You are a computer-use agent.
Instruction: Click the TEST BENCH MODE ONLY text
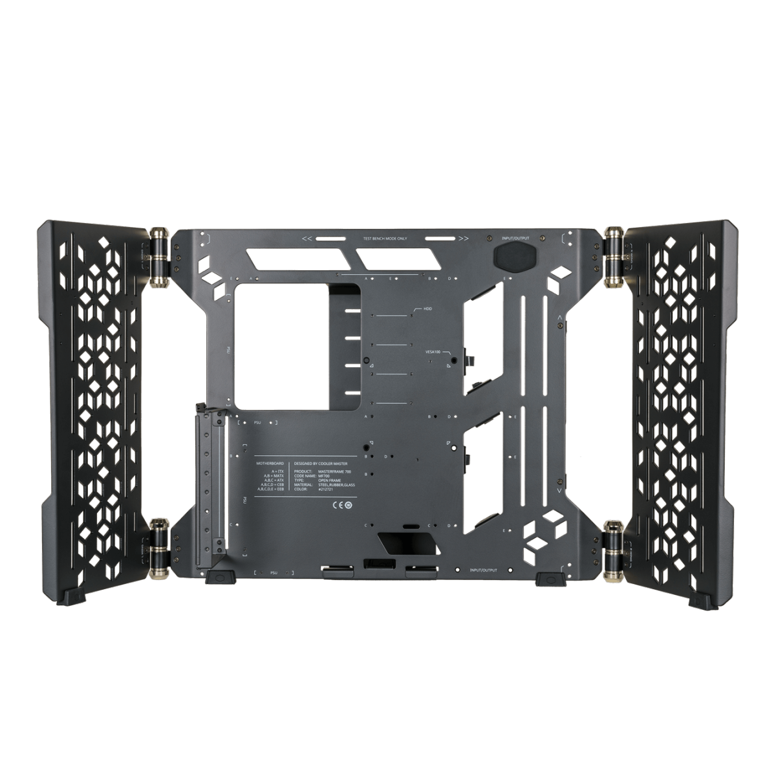click(x=384, y=239)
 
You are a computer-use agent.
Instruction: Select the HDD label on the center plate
click(x=427, y=309)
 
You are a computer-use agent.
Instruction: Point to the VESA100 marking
click(x=434, y=351)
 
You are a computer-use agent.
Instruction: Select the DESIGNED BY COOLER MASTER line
click(x=326, y=463)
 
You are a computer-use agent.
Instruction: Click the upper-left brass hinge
click(x=157, y=255)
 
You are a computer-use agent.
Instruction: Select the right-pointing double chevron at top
click(x=463, y=239)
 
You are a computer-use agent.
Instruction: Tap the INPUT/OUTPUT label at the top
click(x=515, y=239)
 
